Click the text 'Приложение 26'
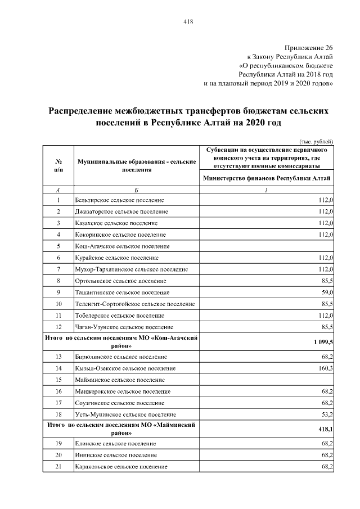pyautogui.click(x=309, y=48)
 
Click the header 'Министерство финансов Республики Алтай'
pyautogui.click(x=267, y=178)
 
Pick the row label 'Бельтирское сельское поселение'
pyautogui.click(x=119, y=200)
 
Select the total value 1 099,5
pyautogui.click(x=323, y=342)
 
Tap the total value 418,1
pyautogui.click(x=326, y=429)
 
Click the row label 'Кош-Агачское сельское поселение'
pyautogui.click(x=122, y=246)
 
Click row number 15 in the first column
pyautogui.click(x=58, y=380)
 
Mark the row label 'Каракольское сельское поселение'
pyautogui.click(x=121, y=467)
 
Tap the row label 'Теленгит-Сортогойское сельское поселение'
pyautogui.click(x=135, y=304)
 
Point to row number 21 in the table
pyautogui.click(x=58, y=467)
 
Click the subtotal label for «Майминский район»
pyautogui.click(x=121, y=429)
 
